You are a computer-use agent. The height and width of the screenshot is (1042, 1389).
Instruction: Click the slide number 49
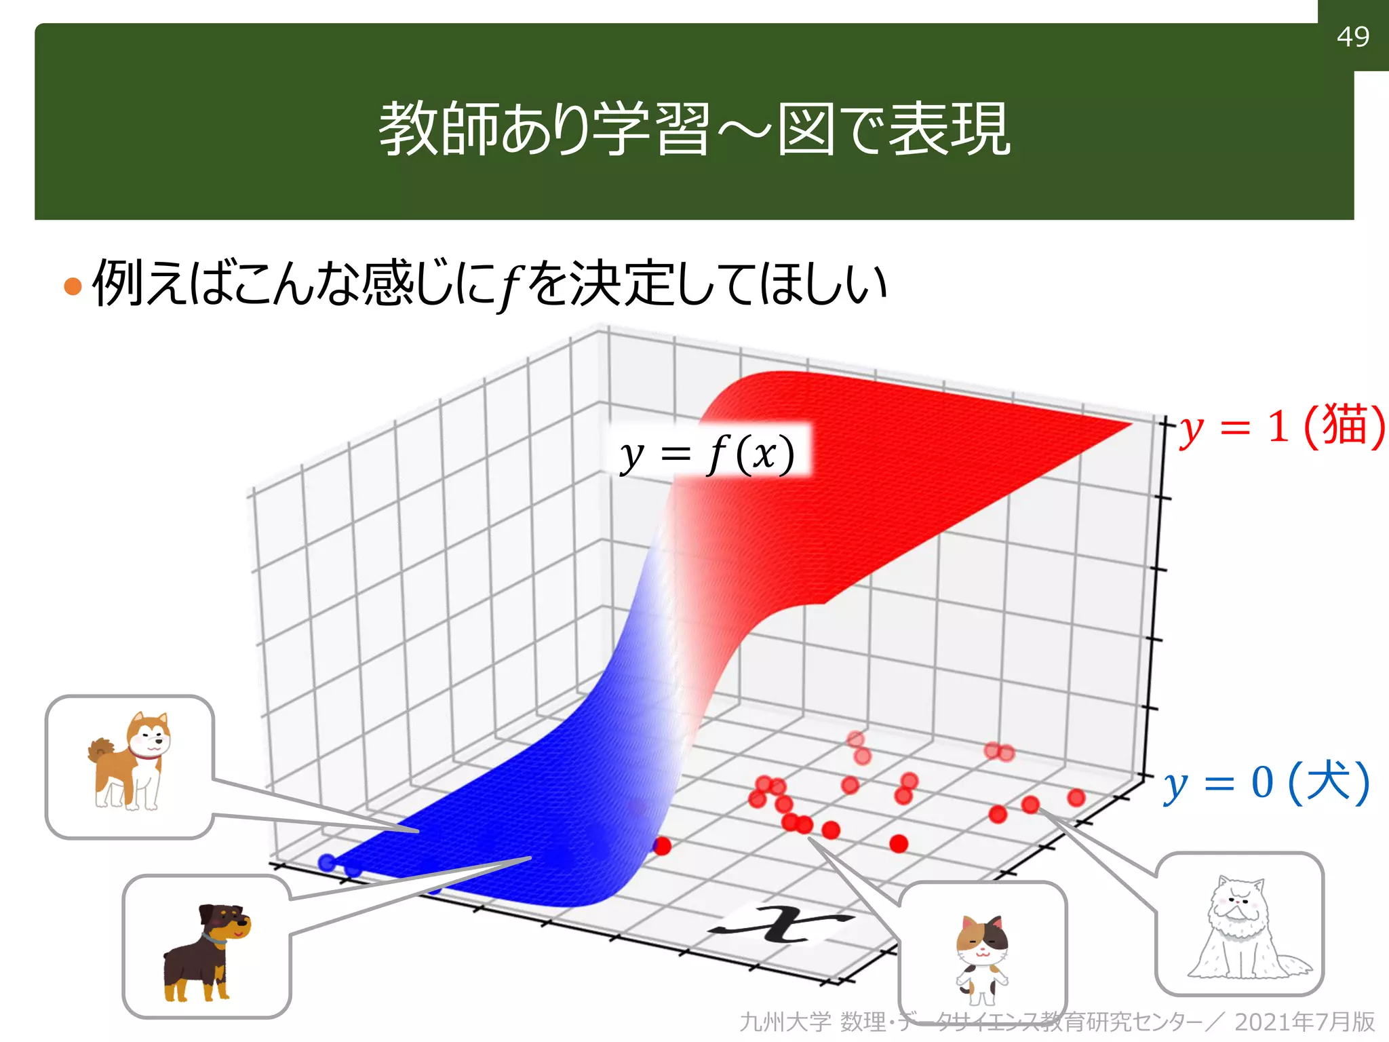(1352, 37)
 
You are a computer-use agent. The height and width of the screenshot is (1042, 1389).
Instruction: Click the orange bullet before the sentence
(73, 286)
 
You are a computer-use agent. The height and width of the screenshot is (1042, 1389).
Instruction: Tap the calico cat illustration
(981, 957)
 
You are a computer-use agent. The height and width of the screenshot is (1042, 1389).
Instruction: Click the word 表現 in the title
(950, 129)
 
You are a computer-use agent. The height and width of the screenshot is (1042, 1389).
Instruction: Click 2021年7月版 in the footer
(1304, 1022)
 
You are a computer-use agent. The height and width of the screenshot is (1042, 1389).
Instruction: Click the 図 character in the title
(805, 129)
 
